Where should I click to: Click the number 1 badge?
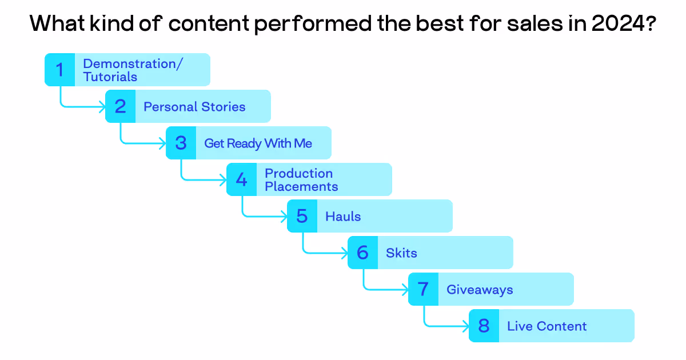tap(59, 70)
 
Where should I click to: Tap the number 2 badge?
tap(120, 106)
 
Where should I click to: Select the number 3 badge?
tap(181, 143)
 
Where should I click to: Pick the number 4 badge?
tap(241, 179)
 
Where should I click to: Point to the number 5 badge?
tap(302, 216)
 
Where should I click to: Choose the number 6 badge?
tap(362, 253)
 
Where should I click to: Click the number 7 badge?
tap(423, 289)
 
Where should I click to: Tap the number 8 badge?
tap(484, 326)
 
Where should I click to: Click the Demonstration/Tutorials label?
tap(133, 70)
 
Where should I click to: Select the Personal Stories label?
tap(194, 107)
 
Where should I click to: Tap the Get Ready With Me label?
tap(258, 143)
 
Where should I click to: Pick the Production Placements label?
tap(301, 180)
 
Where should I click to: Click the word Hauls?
tap(343, 217)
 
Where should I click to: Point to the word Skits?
tap(401, 253)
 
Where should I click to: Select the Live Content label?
tap(547, 326)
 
